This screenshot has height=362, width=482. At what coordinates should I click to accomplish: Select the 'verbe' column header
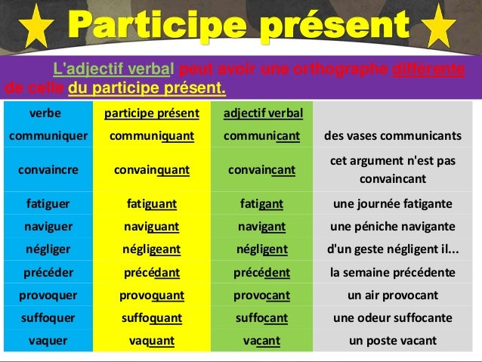coord(46,114)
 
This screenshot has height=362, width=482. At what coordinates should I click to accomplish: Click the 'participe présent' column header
coord(152,114)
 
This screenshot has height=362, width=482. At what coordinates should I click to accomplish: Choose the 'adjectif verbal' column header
coord(263,114)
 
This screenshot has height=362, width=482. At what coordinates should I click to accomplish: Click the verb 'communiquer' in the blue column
coord(48,136)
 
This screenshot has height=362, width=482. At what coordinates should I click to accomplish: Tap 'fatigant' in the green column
coord(262,204)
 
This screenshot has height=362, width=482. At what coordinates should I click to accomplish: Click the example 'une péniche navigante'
coord(393,227)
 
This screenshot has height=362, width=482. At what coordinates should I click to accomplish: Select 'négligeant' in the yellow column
coord(152,249)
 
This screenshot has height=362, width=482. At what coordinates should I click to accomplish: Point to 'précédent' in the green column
coord(262,272)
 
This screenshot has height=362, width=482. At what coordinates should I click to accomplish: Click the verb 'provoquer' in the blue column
coord(48,295)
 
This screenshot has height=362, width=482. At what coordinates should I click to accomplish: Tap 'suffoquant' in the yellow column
coord(152,317)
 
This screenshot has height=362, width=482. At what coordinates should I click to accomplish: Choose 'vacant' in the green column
coord(262,340)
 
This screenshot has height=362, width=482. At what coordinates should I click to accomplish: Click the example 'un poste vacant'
coord(393,340)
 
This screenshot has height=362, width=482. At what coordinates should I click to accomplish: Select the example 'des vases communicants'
coord(393,136)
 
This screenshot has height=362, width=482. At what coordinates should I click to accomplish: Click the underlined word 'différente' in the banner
coord(428,72)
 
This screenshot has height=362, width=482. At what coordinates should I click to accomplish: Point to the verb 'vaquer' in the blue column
coord(48,340)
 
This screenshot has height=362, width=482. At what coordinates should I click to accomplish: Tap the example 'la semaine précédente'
coord(393,272)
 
